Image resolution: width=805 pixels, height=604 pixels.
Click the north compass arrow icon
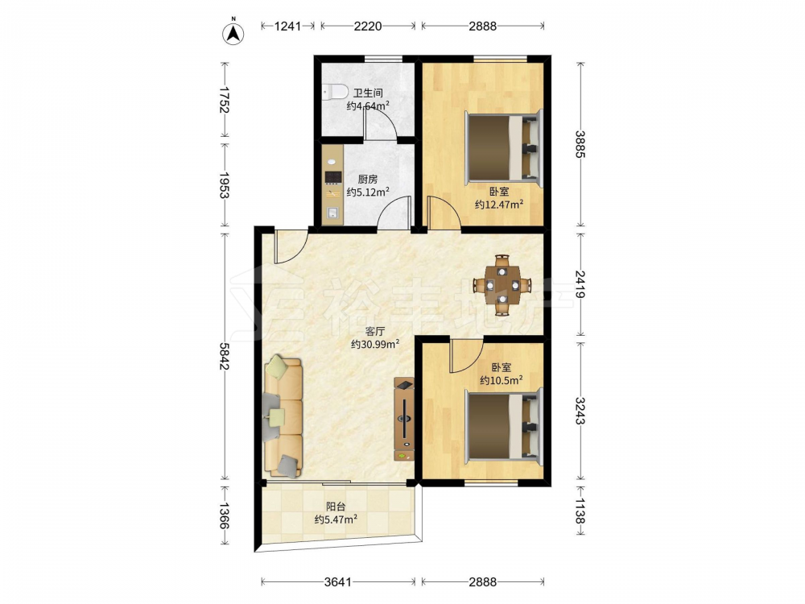click(233, 33)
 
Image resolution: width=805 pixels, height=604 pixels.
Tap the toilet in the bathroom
click(335, 92)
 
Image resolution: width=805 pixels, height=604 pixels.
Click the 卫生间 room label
click(368, 93)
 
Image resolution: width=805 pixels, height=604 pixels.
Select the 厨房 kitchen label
click(368, 180)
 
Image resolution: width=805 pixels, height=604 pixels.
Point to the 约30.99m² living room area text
click(375, 344)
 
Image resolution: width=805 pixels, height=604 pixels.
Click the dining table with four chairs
click(502, 284)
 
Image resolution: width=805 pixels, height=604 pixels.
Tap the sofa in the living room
click(283, 416)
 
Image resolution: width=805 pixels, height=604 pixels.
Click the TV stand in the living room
click(404, 419)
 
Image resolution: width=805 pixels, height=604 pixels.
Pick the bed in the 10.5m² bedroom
click(504, 424)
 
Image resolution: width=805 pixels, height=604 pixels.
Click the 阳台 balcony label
click(336, 507)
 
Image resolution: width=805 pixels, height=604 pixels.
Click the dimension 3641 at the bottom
click(338, 582)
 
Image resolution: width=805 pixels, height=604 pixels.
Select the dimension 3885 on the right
click(580, 144)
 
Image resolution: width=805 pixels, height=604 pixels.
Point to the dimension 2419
click(580, 284)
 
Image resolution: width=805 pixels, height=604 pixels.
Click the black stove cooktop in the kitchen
click(333, 177)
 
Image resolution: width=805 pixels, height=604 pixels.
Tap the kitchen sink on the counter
click(332, 213)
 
